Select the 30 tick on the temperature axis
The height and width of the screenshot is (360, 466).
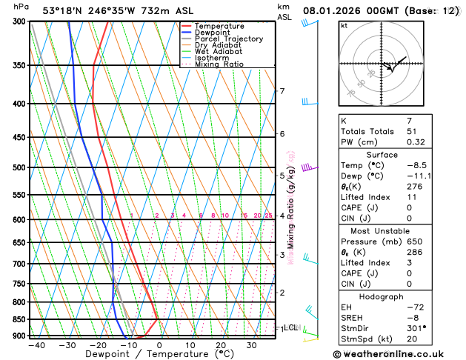pos(252,344)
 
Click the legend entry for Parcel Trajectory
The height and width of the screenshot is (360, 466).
pos(228,39)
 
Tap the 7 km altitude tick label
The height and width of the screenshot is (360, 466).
pos(282,91)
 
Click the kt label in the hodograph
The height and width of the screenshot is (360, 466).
pos(344,25)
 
